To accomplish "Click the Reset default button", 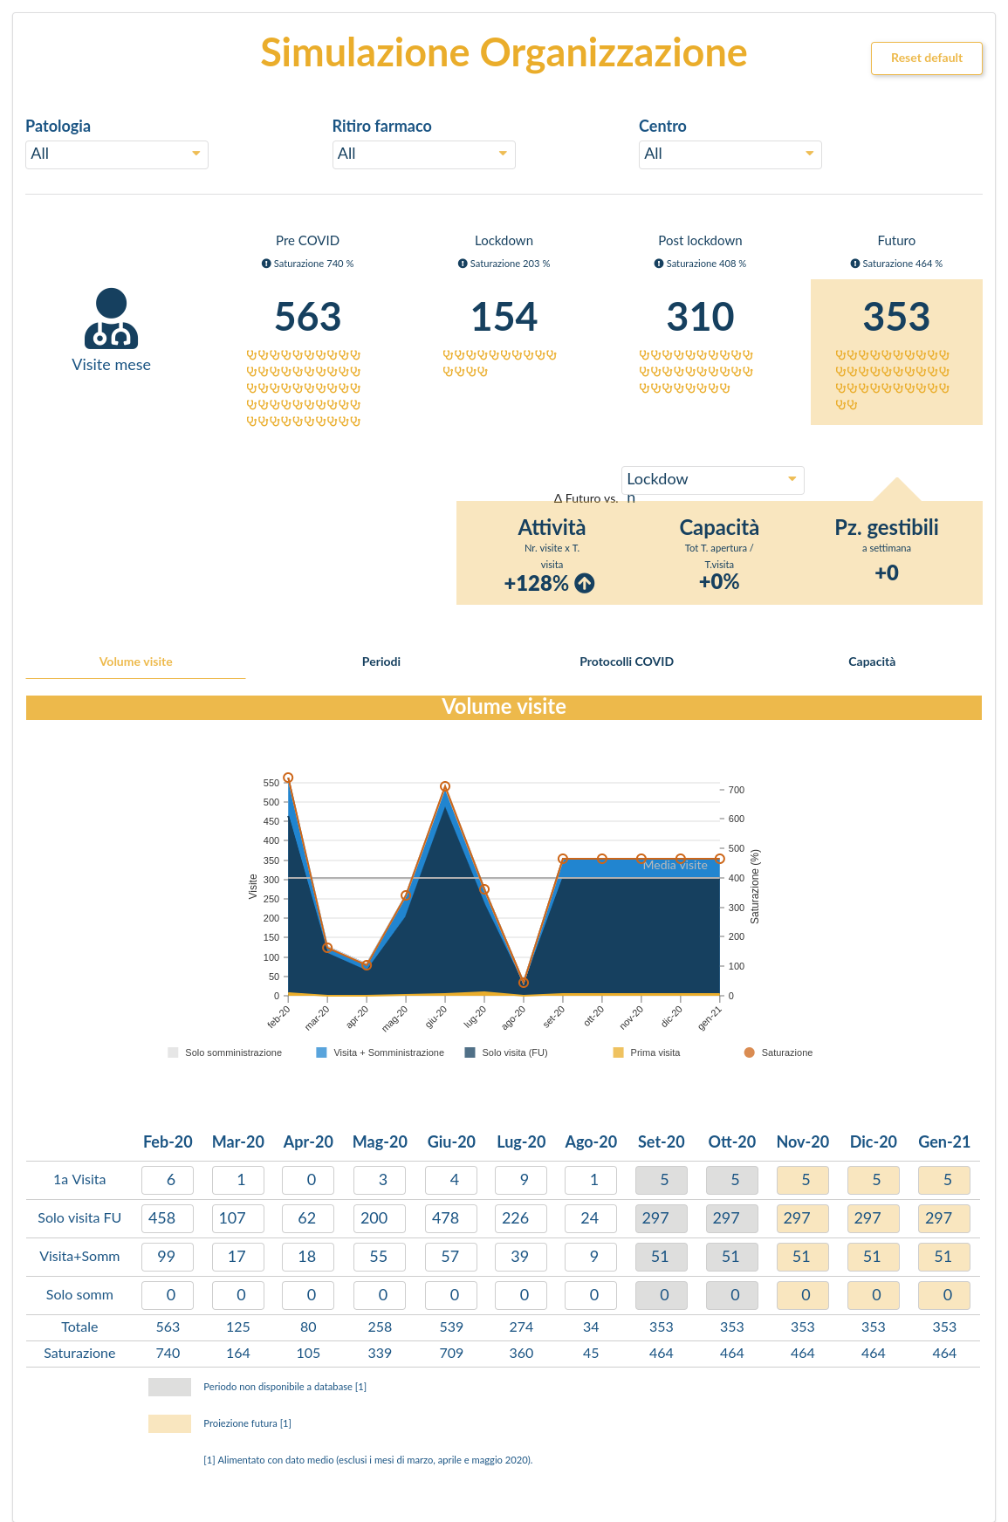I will (x=926, y=58).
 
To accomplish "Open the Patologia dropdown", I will (x=116, y=154).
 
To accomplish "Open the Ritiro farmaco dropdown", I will (x=423, y=154).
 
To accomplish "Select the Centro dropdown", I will (x=730, y=154).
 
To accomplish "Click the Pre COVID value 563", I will (x=307, y=317).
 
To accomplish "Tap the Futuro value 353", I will (x=896, y=317).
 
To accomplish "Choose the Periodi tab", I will (x=381, y=662).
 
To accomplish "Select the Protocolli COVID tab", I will (x=627, y=662).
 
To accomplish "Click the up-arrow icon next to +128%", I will (x=585, y=584).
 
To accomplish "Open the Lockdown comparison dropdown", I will (x=712, y=480).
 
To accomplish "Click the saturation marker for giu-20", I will (x=445, y=786).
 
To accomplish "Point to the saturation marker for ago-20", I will (x=524, y=983).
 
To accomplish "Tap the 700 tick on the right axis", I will (x=737, y=790).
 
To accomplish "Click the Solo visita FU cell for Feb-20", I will (x=168, y=1218).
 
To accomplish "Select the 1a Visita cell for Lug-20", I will (x=521, y=1180).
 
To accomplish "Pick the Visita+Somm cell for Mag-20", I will (x=380, y=1257).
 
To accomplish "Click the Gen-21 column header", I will (x=944, y=1141).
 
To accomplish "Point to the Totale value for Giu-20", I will (x=451, y=1327).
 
